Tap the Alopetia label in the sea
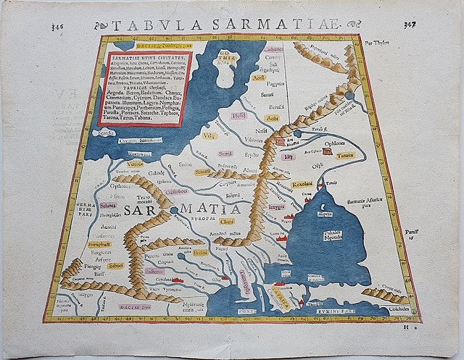(319, 214)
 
